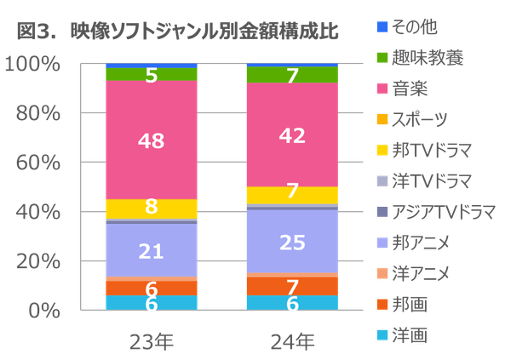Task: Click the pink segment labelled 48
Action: pyautogui.click(x=151, y=140)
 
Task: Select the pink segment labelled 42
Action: pyautogui.click(x=291, y=134)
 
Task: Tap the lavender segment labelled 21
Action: pyautogui.click(x=151, y=250)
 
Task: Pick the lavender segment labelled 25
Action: pyautogui.click(x=291, y=242)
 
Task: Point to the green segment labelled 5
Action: pyautogui.click(x=151, y=75)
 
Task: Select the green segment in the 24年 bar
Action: pyautogui.click(x=291, y=75)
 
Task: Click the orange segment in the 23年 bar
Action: pyautogui.click(x=151, y=289)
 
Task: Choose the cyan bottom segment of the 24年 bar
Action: pyautogui.click(x=291, y=302)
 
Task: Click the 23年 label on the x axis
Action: pyautogui.click(x=151, y=343)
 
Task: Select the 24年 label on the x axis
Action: pyautogui.click(x=291, y=343)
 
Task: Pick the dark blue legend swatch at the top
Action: pyautogui.click(x=382, y=27)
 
